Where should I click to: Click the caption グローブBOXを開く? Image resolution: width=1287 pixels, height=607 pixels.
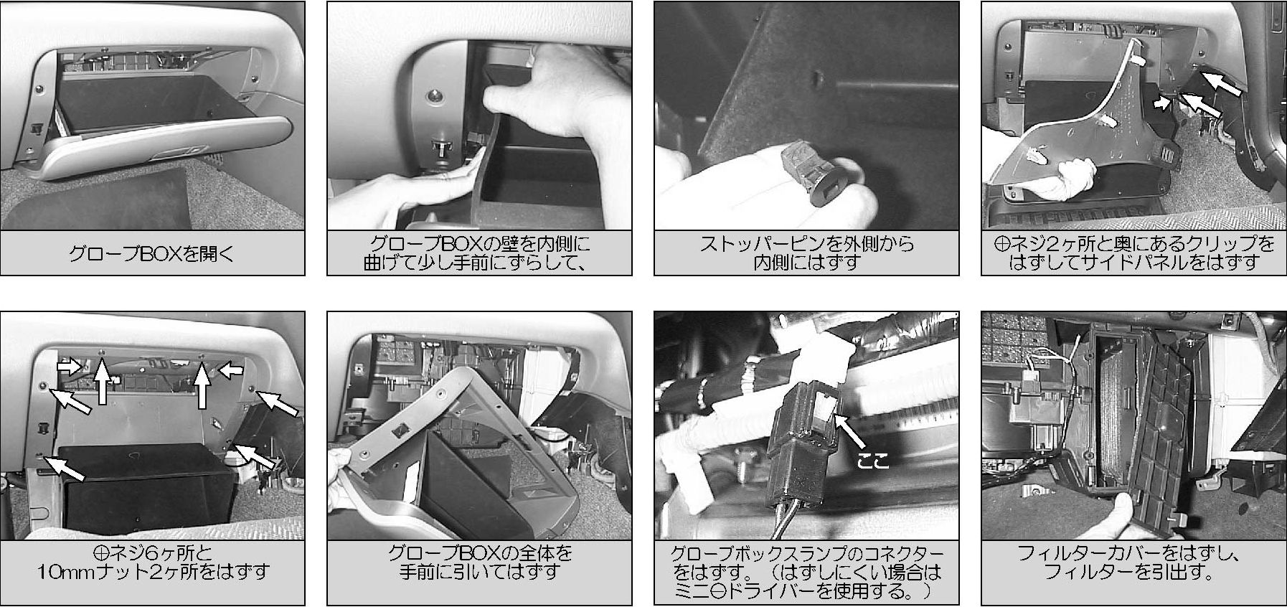pos(152,254)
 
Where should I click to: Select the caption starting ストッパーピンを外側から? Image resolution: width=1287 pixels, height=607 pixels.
pos(806,253)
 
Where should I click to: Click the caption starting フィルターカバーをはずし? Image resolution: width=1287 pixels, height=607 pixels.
pos(1133,563)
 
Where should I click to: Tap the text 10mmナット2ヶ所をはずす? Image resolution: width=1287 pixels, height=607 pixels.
pos(153,573)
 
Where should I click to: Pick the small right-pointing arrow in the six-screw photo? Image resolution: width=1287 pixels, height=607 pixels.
pos(69,367)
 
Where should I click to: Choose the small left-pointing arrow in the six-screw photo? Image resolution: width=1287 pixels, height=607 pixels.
pos(231,370)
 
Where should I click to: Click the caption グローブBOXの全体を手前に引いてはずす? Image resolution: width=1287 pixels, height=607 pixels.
pos(480,563)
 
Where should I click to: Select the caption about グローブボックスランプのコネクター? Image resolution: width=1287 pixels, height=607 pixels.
pos(806,573)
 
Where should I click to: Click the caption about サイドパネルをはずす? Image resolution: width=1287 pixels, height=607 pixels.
pos(1133,253)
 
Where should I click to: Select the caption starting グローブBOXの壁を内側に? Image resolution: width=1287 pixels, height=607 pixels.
pos(479,253)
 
